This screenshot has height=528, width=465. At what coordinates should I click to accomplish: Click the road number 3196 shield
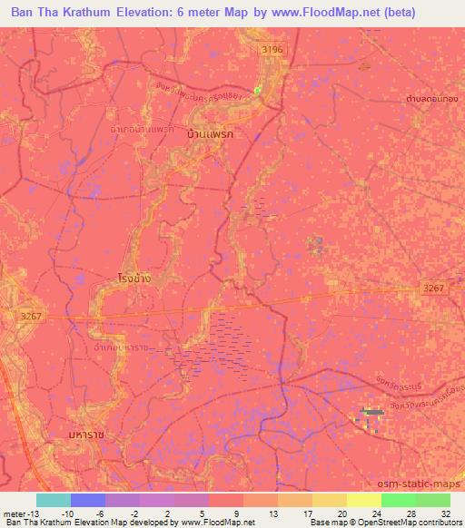(x=271, y=49)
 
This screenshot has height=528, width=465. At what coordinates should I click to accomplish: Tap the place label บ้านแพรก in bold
(x=209, y=133)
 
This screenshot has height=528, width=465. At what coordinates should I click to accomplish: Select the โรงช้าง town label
(x=134, y=278)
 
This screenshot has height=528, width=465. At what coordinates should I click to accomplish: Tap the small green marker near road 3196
(x=257, y=89)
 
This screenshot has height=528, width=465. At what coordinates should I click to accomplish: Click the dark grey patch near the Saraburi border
(x=371, y=413)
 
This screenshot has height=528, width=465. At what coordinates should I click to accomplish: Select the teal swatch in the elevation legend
(x=54, y=500)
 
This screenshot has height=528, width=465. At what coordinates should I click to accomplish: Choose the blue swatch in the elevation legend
(x=88, y=500)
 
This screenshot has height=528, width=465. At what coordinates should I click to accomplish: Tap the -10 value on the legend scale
(x=67, y=513)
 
